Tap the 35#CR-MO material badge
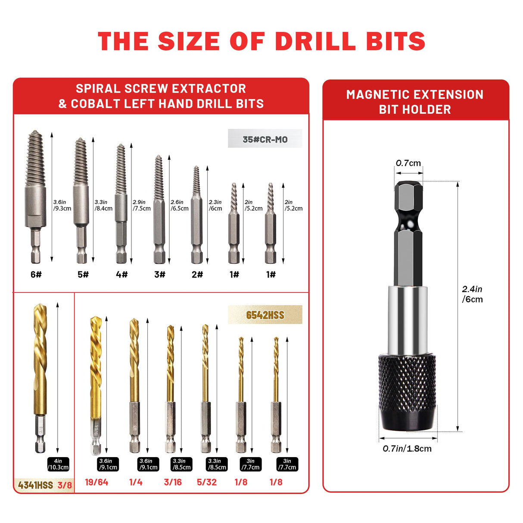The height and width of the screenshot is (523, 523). coord(265,139)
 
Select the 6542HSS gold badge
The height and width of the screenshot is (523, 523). coord(265,315)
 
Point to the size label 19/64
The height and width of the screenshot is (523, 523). coord(97,482)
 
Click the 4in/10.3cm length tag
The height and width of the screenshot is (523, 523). coord(58,464)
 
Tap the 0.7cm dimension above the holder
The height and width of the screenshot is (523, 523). coord(408,163)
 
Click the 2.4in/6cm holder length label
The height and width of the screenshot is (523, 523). coord(472,294)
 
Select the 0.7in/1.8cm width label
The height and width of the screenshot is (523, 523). coord(407,448)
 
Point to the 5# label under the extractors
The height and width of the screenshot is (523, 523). coord(83,274)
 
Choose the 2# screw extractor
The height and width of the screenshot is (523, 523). coord(197,215)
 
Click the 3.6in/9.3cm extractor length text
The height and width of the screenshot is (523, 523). coord(62,205)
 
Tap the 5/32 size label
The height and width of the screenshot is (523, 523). coord(207,482)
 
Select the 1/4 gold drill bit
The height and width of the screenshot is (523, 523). coord(134,383)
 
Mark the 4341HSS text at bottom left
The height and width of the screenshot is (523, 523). coord(35,485)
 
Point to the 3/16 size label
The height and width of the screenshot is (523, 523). coord(173,482)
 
